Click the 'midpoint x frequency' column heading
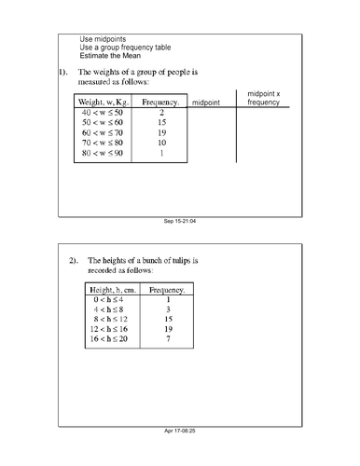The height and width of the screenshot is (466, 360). coord(263,96)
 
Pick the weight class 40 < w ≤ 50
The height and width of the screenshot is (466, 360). coord(104,112)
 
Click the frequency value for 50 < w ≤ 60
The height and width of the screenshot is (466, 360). coord(161,122)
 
